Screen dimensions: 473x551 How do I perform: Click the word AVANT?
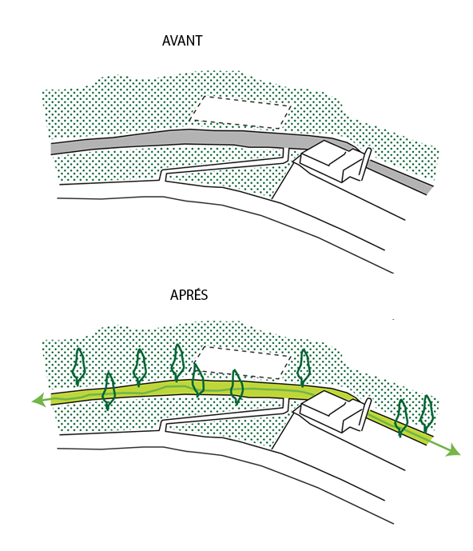[182, 41]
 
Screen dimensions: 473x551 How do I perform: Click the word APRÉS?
[189, 294]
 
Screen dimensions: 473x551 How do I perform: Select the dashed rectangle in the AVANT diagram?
[240, 112]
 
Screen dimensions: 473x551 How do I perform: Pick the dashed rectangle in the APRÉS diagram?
[242, 362]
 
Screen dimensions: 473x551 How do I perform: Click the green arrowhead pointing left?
[38, 400]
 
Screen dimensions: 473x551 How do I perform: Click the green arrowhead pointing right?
[453, 450]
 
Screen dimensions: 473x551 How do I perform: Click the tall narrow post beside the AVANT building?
[364, 164]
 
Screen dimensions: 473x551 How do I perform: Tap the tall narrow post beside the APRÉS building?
[364, 415]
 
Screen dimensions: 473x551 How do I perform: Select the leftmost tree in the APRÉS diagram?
[78, 366]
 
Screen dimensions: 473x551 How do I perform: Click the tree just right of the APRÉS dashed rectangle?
[304, 368]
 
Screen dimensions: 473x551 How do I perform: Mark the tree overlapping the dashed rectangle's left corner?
[197, 380]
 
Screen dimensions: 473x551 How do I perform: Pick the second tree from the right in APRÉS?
[401, 418]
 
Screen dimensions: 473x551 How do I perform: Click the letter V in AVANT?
[175, 41]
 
